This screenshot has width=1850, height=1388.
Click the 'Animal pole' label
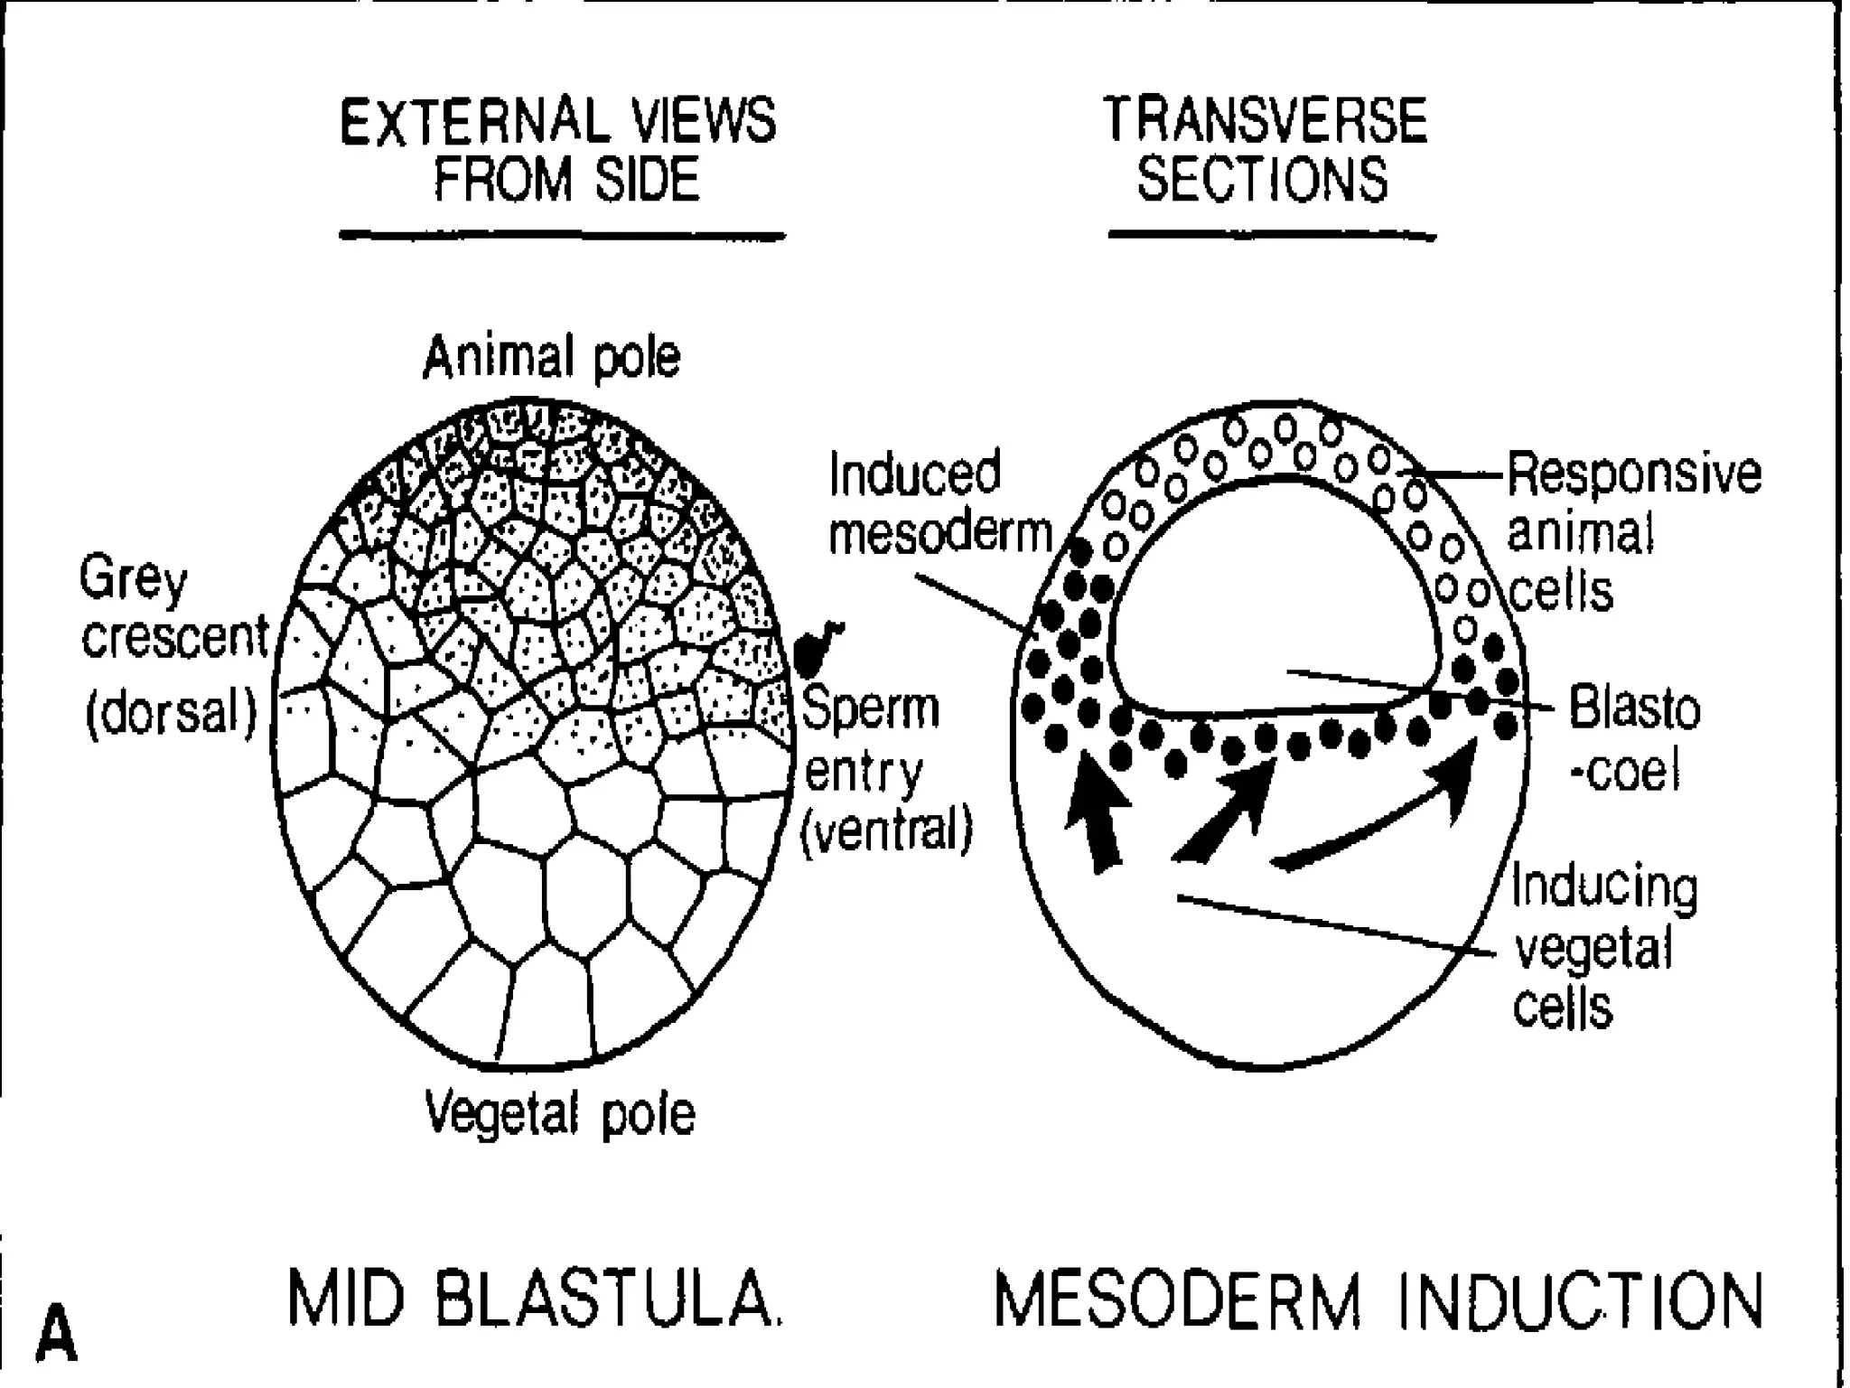(x=551, y=358)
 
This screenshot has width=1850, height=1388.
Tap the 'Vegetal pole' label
(x=560, y=1112)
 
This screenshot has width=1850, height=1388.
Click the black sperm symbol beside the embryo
(x=818, y=649)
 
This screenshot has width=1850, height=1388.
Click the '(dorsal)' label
(x=172, y=714)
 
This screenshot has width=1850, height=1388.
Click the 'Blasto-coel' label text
(x=1633, y=739)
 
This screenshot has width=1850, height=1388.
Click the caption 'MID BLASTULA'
(x=535, y=1301)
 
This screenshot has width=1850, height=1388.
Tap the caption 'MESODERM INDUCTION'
(x=1378, y=1301)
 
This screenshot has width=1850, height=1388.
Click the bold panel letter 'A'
(x=57, y=1331)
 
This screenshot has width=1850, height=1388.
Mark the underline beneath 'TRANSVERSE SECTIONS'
(x=1271, y=237)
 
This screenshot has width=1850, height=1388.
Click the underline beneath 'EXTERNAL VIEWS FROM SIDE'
(x=562, y=237)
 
